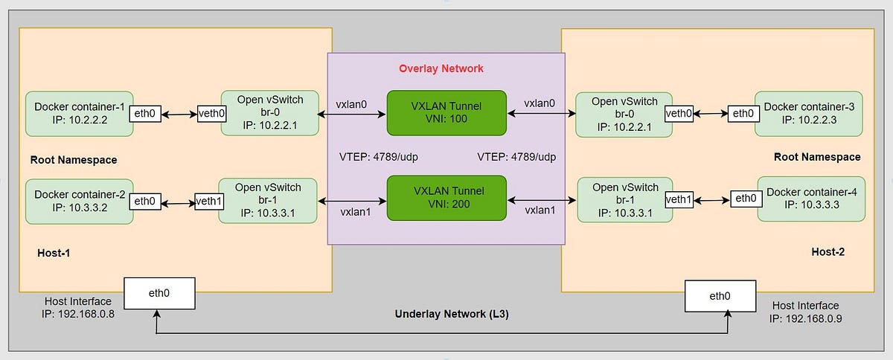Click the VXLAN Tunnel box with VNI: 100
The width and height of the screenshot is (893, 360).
(x=446, y=113)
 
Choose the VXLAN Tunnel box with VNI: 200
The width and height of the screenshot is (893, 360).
(x=446, y=198)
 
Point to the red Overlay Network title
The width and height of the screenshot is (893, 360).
(x=441, y=68)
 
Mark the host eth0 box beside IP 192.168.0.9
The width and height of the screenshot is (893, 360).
(x=720, y=295)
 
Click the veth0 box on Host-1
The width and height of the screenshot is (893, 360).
(x=212, y=115)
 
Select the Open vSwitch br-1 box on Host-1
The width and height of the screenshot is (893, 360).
(x=269, y=201)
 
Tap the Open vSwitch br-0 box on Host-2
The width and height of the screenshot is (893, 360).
(x=624, y=114)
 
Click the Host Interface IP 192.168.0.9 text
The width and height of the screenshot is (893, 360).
(x=805, y=312)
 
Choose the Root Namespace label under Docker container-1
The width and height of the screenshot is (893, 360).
(x=74, y=160)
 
